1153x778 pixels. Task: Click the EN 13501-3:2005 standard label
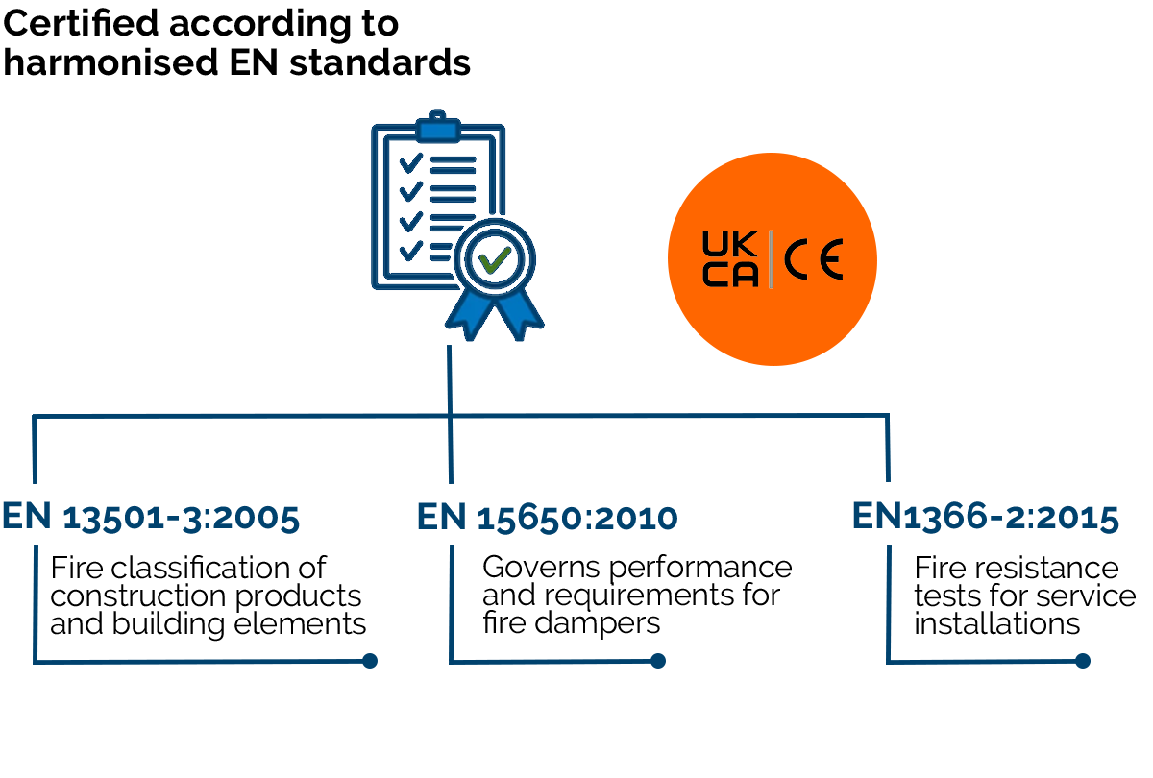point(151,518)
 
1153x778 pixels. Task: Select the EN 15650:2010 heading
point(547,518)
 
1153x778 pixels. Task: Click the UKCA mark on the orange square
point(730,259)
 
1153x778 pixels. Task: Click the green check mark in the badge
point(495,258)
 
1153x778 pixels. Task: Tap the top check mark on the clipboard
point(410,162)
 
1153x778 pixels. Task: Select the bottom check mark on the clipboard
point(410,251)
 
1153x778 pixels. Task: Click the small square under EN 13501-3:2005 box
point(370,660)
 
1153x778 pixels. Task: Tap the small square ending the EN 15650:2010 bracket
point(658,660)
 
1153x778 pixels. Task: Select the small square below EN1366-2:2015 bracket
point(1082,660)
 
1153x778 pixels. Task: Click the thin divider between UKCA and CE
point(771,260)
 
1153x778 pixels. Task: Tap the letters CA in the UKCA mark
point(730,277)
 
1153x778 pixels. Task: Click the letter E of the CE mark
point(831,260)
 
